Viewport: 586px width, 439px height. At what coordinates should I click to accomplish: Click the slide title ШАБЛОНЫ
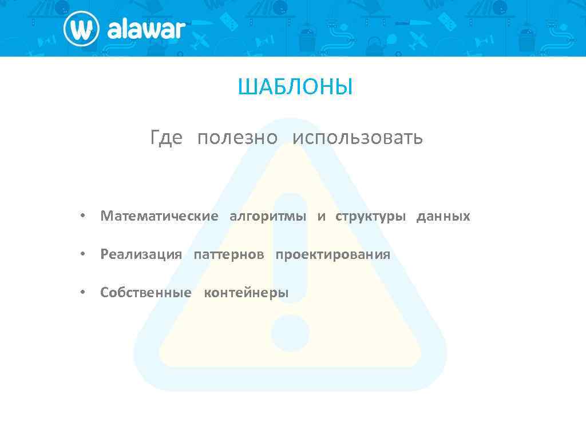(295, 87)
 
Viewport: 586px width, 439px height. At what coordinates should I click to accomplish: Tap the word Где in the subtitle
(166, 138)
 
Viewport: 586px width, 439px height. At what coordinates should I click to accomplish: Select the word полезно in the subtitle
(237, 138)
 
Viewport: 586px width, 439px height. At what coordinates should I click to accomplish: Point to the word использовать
(358, 138)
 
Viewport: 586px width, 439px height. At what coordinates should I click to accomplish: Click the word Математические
(159, 217)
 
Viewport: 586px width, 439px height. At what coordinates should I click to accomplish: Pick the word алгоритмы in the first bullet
(268, 217)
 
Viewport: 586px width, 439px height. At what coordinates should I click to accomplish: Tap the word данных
(444, 217)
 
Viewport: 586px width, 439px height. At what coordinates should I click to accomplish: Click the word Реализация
(141, 255)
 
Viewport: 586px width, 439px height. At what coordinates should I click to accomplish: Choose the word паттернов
(229, 255)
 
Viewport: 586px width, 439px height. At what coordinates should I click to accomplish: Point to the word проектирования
(333, 255)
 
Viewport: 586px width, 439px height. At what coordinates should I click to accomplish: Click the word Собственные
(146, 293)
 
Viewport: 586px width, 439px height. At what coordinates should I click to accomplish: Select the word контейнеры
(247, 293)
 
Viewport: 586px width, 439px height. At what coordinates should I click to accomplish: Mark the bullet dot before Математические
(83, 217)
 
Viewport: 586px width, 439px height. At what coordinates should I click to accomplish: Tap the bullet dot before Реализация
(83, 255)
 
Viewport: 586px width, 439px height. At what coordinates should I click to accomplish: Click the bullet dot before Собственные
(83, 293)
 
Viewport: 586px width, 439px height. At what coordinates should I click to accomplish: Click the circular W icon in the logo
(82, 29)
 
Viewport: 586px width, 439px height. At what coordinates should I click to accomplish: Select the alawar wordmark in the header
(146, 29)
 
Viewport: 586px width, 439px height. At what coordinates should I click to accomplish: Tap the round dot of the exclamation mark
(290, 333)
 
